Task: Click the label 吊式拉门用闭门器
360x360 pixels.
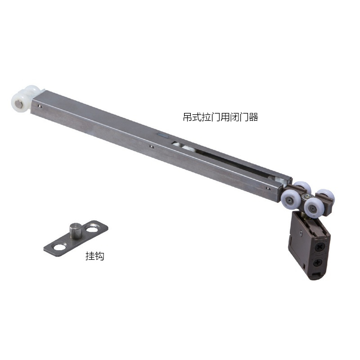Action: coord(220,117)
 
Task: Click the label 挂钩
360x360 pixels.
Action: coord(95,256)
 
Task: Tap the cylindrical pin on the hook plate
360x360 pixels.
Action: coord(75,230)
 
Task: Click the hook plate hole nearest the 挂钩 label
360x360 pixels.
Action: coord(59,247)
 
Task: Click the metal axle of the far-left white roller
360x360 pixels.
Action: coord(18,106)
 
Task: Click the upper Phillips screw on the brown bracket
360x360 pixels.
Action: coord(319,247)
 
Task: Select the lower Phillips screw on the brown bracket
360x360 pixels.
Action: coord(318,262)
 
